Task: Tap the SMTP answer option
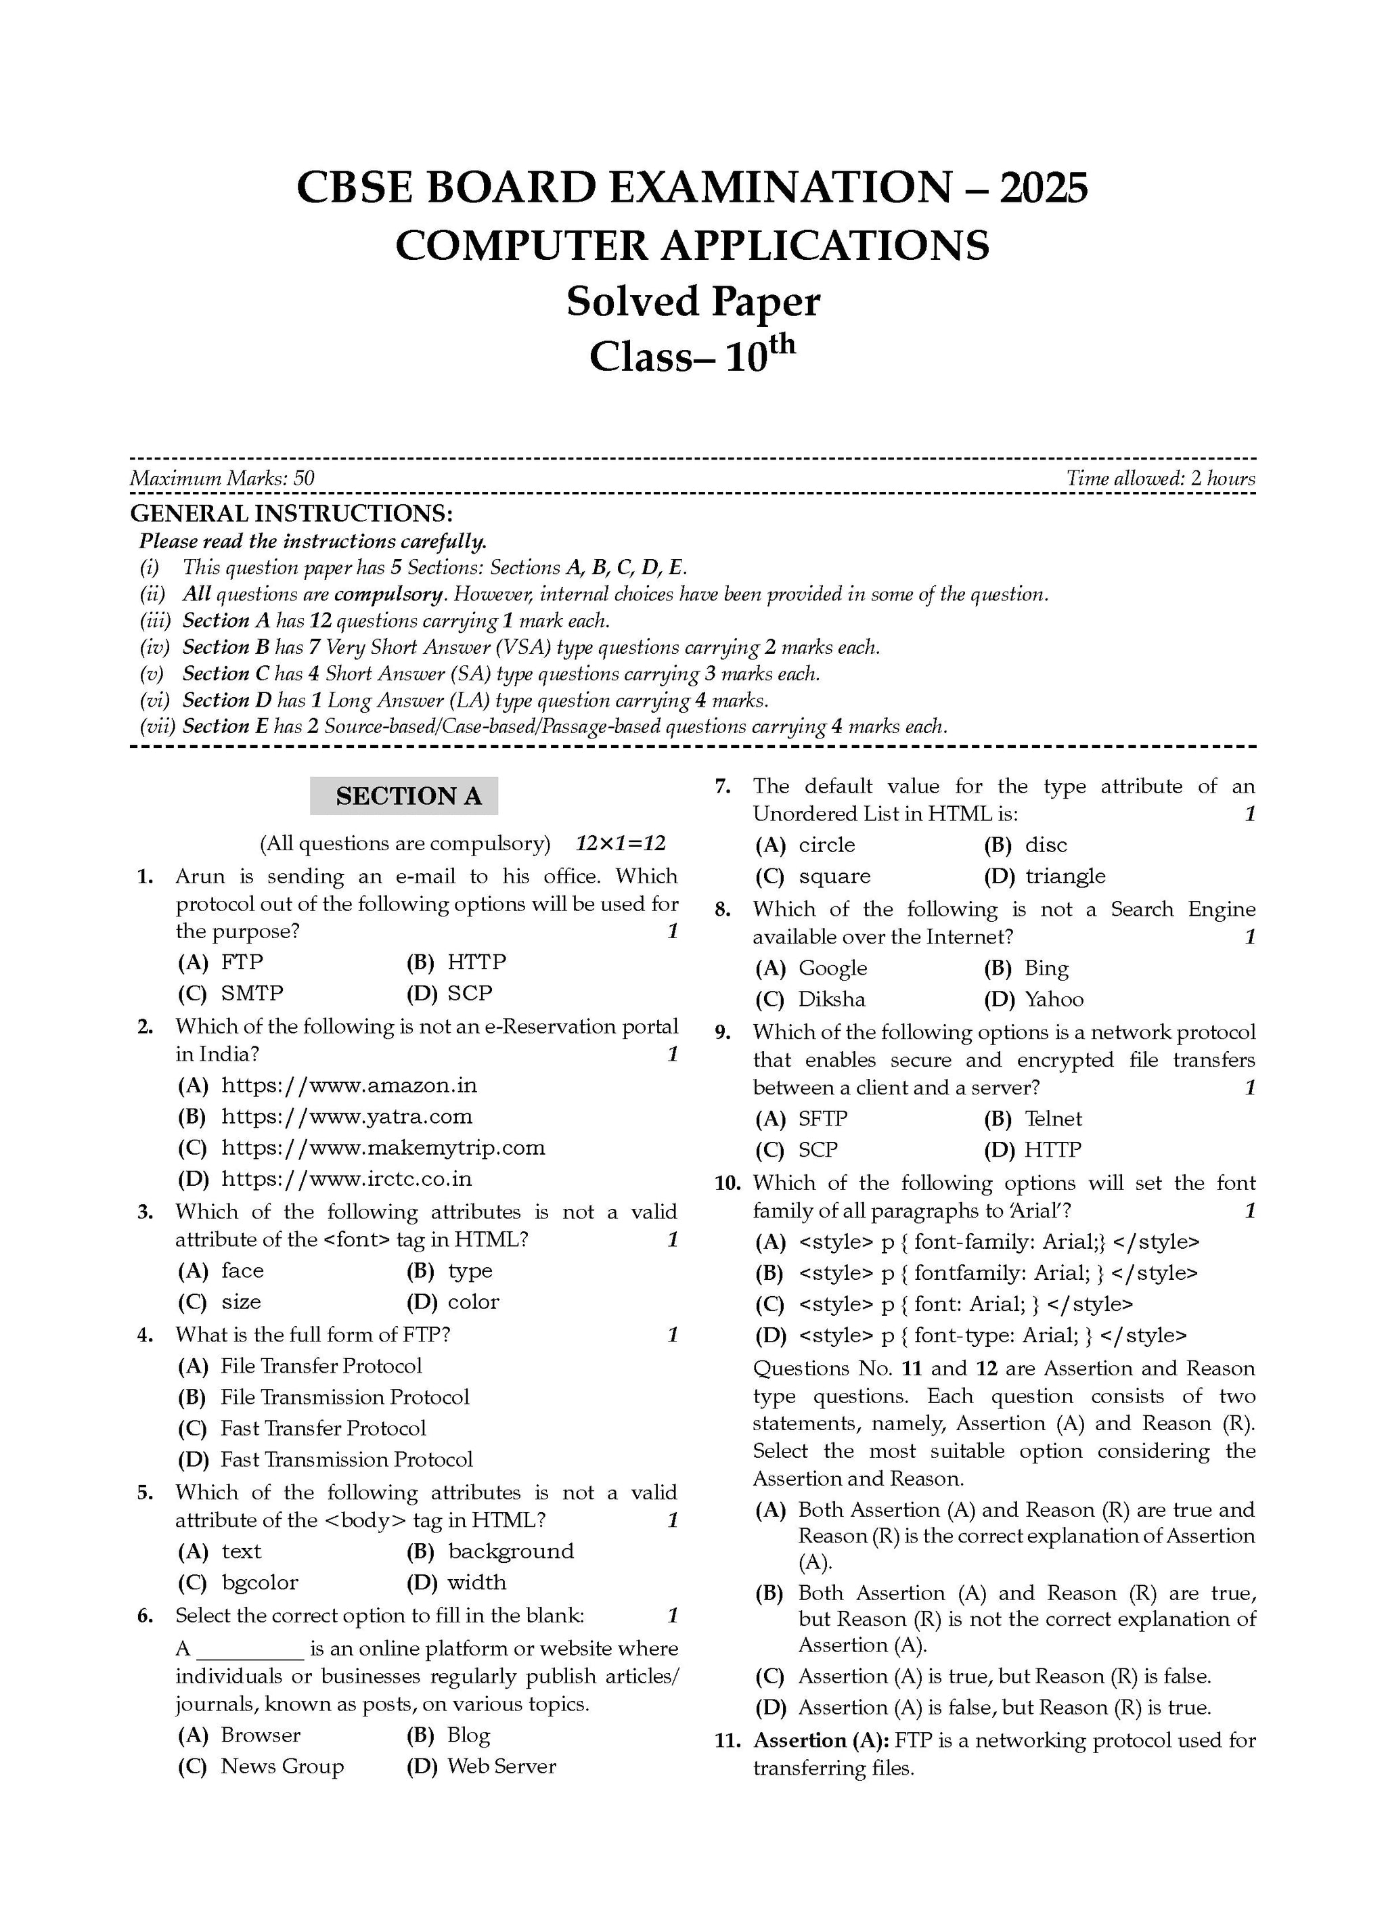(251, 994)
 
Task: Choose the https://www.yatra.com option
(346, 1117)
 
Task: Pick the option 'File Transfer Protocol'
(320, 1367)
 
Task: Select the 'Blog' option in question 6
(468, 1735)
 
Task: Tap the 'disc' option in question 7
(1045, 845)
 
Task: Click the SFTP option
(822, 1120)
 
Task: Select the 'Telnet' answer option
(1053, 1120)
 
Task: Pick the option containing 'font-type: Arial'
(992, 1336)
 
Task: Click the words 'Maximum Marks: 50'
(222, 479)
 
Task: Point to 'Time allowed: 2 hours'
(1160, 479)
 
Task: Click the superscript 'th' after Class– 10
(781, 345)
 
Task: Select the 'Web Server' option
(501, 1767)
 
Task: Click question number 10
(727, 1184)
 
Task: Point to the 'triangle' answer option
(1065, 877)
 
